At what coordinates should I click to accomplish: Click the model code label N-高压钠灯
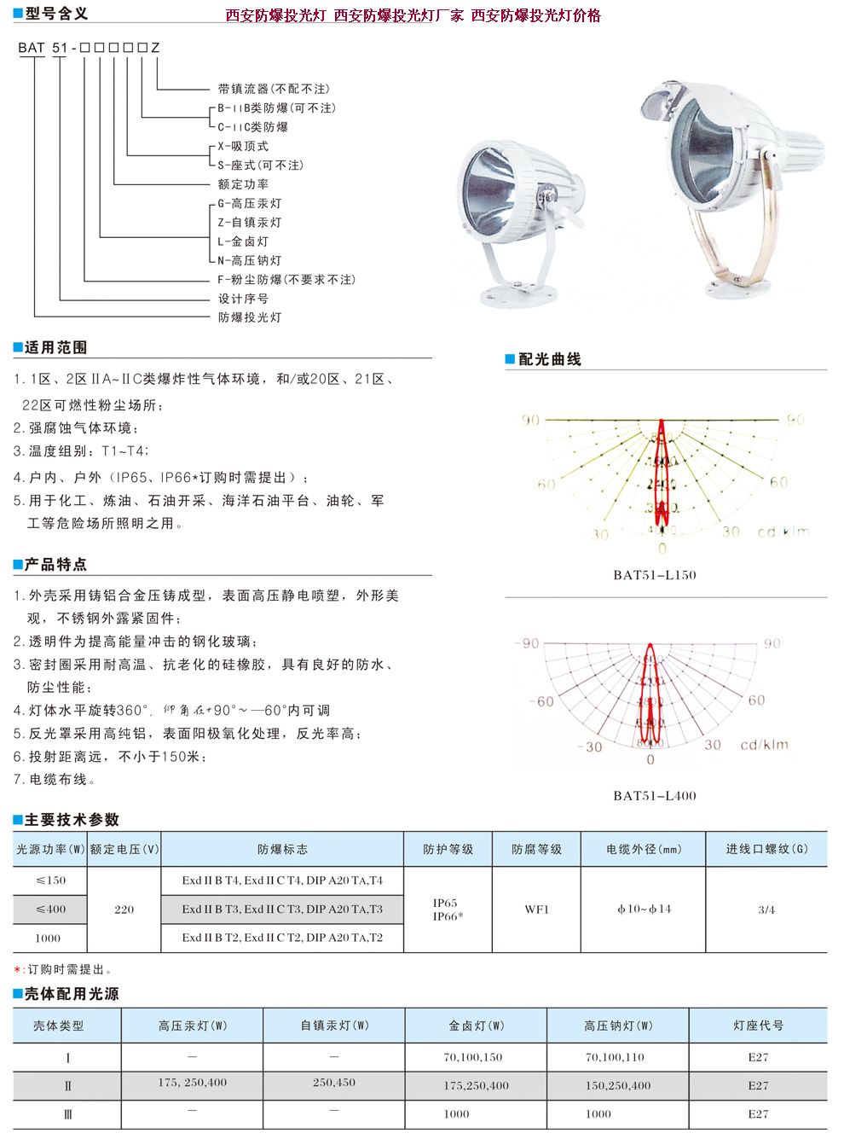pyautogui.click(x=249, y=260)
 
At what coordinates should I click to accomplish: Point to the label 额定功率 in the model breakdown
pyautogui.click(x=243, y=183)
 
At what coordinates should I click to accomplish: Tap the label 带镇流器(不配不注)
pyautogui.click(x=273, y=89)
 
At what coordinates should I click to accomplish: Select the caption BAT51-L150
pyautogui.click(x=654, y=575)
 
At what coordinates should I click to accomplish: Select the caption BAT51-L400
pyautogui.click(x=654, y=796)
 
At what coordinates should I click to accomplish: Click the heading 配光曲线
pyautogui.click(x=549, y=359)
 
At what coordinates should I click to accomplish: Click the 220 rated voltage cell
pyautogui.click(x=124, y=909)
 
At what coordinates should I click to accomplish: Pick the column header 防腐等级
pyautogui.click(x=536, y=850)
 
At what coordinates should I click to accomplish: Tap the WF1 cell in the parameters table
pyautogui.click(x=536, y=909)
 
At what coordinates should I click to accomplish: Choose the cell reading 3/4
pyautogui.click(x=766, y=909)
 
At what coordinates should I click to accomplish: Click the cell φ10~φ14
pyautogui.click(x=644, y=909)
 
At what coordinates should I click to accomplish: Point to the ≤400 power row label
pyautogui.click(x=50, y=909)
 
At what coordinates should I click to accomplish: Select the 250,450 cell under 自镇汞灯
pyautogui.click(x=333, y=1083)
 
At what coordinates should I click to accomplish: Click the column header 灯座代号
pyautogui.click(x=758, y=1026)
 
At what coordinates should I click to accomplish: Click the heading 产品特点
pyautogui.click(x=55, y=565)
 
